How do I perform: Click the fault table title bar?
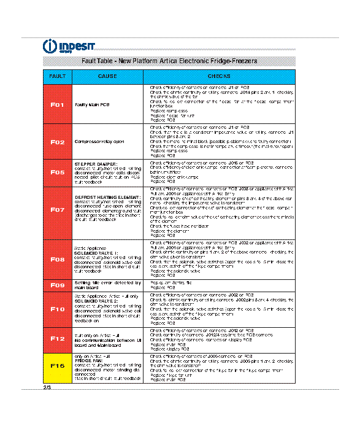click(x=169, y=61)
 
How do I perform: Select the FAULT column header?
click(x=58, y=76)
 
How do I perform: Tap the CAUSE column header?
click(x=107, y=76)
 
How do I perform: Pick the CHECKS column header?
click(x=219, y=76)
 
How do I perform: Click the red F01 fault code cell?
click(x=58, y=105)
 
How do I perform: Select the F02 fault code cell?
click(x=58, y=142)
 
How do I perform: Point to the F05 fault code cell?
click(x=58, y=172)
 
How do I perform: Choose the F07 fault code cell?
click(x=58, y=209)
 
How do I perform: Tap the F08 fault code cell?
click(x=58, y=259)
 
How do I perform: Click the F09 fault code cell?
click(x=58, y=285)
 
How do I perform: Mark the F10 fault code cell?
click(x=58, y=309)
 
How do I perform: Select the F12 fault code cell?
click(x=58, y=338)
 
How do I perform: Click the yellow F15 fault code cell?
click(x=58, y=366)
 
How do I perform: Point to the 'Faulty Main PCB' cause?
click(x=92, y=105)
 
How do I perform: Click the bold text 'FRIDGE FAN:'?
click(x=86, y=361)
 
